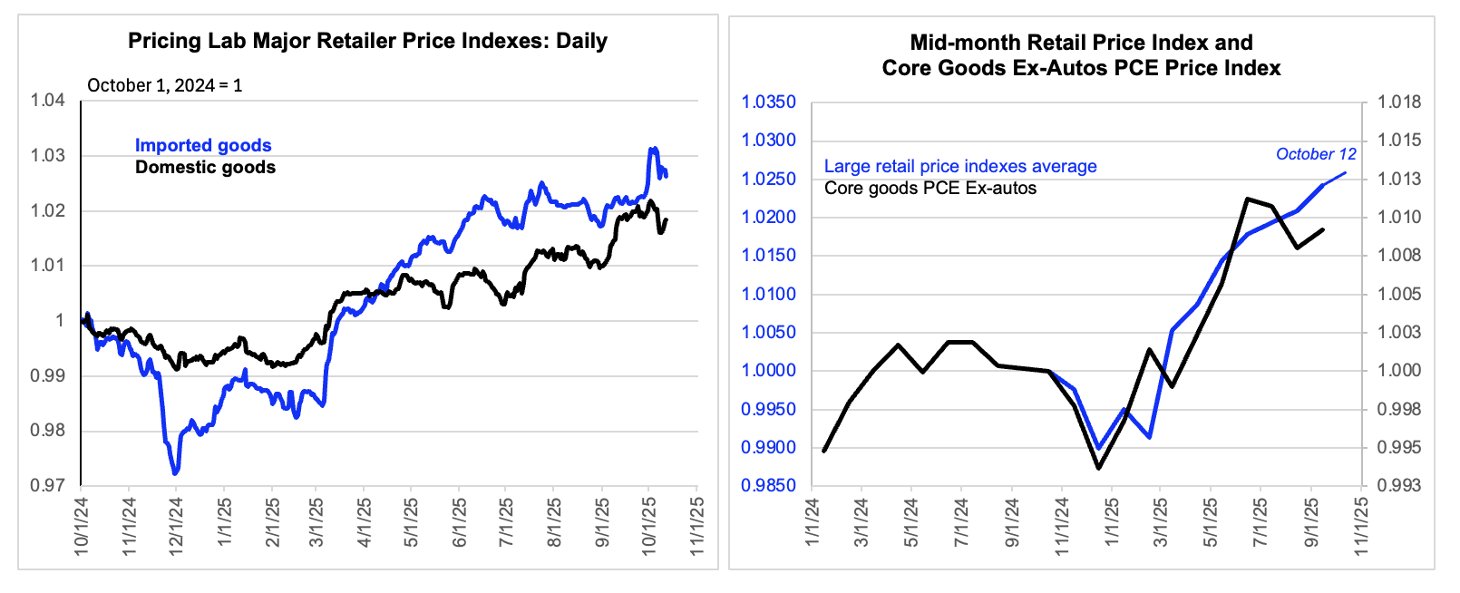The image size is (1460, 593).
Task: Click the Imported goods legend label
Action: tap(203, 145)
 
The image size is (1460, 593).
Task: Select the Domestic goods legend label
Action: tap(205, 167)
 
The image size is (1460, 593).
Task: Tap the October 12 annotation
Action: tap(1316, 154)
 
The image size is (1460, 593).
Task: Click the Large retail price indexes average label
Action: tap(960, 166)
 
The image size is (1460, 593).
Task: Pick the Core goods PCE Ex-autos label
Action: tap(930, 189)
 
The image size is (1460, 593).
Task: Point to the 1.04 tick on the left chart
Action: tap(48, 101)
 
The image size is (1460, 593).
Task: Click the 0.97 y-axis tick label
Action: tap(48, 486)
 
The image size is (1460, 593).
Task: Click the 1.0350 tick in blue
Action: tap(769, 102)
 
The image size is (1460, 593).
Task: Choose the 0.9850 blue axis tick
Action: tap(769, 486)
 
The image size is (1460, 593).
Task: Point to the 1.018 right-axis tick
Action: tap(1399, 102)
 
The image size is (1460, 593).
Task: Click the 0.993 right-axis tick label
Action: tap(1399, 486)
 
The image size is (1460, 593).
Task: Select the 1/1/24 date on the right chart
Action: tap(813, 524)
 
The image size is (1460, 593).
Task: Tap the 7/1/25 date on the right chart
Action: tap(1260, 524)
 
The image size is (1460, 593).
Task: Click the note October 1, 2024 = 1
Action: tap(165, 85)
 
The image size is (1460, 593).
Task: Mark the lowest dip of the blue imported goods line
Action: tap(175, 472)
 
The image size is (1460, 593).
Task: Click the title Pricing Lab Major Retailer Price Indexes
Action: tap(367, 41)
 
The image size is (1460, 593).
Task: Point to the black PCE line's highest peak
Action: tap(1249, 199)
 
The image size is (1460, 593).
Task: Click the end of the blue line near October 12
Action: tap(1345, 172)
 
